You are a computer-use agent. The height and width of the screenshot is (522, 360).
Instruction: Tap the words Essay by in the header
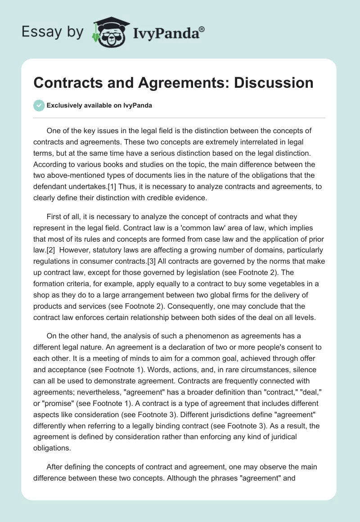(x=53, y=32)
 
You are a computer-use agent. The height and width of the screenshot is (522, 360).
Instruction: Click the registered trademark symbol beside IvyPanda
(x=202, y=29)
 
